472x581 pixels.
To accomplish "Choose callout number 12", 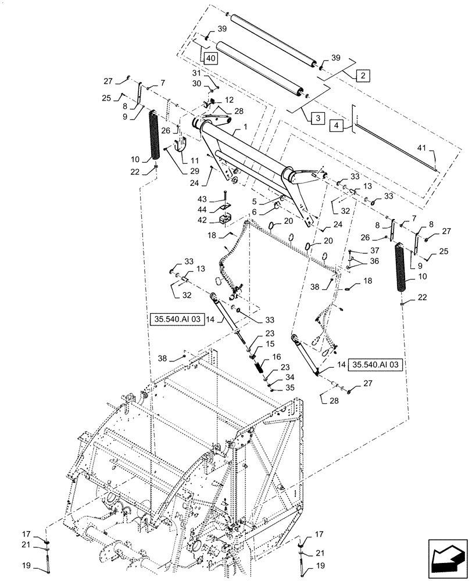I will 214,100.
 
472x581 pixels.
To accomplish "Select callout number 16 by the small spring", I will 276,358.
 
